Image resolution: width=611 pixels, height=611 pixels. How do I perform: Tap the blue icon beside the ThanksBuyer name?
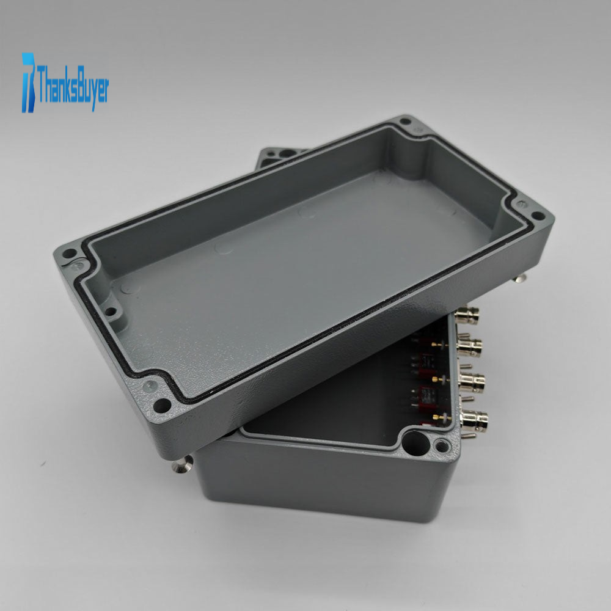[28, 82]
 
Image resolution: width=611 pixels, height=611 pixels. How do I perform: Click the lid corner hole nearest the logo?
[69, 254]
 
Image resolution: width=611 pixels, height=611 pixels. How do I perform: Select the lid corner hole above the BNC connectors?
[538, 216]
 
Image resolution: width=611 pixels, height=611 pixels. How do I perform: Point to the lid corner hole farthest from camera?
[406, 121]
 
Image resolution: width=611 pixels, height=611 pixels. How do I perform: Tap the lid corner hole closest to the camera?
[162, 406]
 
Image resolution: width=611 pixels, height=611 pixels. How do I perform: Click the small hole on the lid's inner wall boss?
[111, 312]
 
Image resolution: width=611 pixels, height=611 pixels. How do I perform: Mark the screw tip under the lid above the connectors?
[520, 278]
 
